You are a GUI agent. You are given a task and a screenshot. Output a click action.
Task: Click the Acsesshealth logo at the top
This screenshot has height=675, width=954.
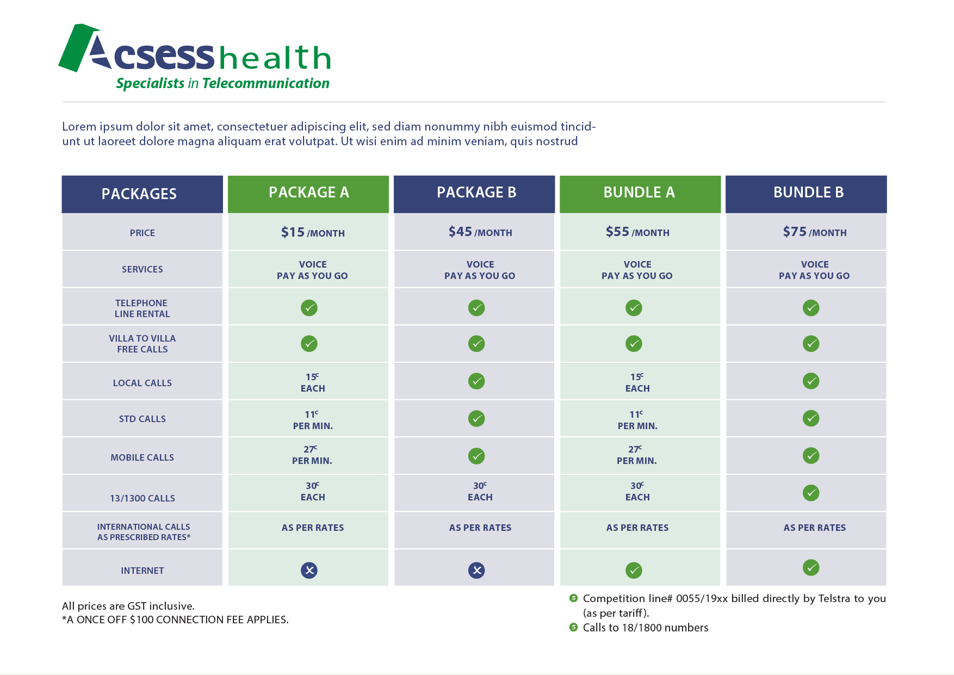195,57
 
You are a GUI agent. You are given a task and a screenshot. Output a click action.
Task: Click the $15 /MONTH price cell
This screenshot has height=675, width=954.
313,232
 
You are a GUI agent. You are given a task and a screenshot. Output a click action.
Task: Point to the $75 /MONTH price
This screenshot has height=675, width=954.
815,232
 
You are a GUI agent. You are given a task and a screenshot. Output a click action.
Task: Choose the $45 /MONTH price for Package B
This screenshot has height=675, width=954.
480,232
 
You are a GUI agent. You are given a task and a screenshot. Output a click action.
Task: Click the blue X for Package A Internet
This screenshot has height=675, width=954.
309,570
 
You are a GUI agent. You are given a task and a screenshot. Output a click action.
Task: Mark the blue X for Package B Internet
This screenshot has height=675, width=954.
476,570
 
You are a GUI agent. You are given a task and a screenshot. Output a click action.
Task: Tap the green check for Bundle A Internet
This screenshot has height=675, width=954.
634,570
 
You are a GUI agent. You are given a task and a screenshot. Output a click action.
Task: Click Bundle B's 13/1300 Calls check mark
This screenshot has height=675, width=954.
811,493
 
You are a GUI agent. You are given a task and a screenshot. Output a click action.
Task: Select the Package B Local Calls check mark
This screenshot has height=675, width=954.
476,381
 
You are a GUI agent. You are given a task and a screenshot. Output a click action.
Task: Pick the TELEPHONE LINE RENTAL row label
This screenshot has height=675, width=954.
142,308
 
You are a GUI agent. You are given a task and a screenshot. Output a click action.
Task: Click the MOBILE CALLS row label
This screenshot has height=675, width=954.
142,457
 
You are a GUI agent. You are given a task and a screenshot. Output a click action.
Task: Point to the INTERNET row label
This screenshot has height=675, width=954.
142,571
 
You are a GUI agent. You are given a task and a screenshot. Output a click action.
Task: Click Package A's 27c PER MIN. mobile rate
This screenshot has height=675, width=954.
312,455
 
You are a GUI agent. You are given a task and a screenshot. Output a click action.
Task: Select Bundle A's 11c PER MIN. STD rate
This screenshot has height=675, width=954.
637,420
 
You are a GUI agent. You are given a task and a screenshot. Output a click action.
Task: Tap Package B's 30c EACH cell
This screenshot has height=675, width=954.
480,491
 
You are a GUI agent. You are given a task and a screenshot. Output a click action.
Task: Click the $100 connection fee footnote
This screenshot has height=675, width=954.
175,620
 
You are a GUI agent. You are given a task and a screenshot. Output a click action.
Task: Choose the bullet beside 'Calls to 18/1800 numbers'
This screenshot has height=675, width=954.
573,627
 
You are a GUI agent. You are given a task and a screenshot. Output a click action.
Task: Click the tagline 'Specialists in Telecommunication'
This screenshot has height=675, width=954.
222,83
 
